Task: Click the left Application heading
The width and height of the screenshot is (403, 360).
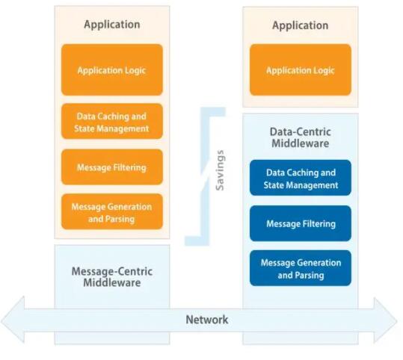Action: point(112,25)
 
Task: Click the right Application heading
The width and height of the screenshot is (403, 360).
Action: point(301,25)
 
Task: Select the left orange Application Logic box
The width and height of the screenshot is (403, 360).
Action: point(112,70)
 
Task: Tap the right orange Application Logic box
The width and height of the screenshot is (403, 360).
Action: point(301,70)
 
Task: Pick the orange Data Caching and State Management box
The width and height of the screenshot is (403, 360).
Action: point(112,122)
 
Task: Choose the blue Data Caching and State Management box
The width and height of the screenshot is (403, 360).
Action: point(301,178)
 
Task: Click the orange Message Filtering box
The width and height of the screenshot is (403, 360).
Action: point(112,167)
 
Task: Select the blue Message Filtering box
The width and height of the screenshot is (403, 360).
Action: point(301,223)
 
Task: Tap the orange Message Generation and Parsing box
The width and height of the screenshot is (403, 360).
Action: point(112,211)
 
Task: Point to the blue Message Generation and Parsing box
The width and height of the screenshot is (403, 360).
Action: point(301,268)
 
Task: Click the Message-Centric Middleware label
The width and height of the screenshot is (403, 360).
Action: point(112,277)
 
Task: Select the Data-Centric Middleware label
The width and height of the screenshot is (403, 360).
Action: point(301,137)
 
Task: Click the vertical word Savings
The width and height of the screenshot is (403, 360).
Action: point(220,170)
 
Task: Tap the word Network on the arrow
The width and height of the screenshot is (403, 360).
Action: point(207,320)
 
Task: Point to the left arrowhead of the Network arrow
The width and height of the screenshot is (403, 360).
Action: point(13,320)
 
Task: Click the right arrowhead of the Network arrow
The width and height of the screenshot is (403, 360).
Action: point(386,320)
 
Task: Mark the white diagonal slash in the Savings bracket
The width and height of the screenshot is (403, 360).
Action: point(206,176)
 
